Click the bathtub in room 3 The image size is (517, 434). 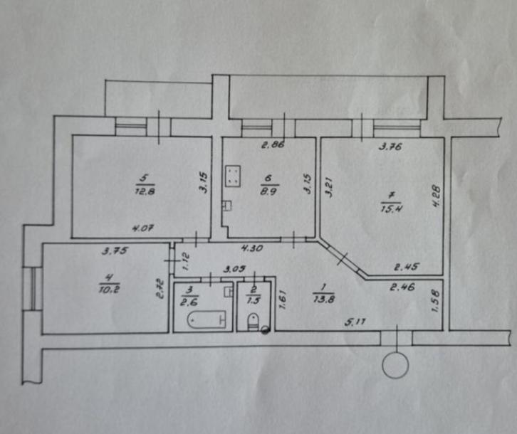(x=207, y=319)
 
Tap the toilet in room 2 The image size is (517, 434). (x=253, y=322)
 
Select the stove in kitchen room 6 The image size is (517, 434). (x=233, y=175)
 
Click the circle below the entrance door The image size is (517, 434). (x=395, y=365)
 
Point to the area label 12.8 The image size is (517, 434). (x=145, y=191)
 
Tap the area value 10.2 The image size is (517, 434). (x=109, y=290)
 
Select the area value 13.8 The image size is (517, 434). (x=324, y=300)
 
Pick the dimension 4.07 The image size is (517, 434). (x=142, y=228)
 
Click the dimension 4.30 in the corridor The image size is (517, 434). (x=252, y=248)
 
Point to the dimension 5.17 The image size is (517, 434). (x=355, y=322)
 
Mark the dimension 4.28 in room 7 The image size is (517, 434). (x=436, y=196)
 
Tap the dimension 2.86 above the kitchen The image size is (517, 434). (x=273, y=144)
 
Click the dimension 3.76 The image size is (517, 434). (x=390, y=147)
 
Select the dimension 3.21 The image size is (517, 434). (x=328, y=187)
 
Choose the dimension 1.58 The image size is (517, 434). (x=435, y=300)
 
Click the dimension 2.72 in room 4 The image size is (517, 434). (x=160, y=289)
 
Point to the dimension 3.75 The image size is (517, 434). (x=115, y=251)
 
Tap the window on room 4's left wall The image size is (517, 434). (x=33, y=289)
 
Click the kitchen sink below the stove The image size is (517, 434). (x=227, y=206)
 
